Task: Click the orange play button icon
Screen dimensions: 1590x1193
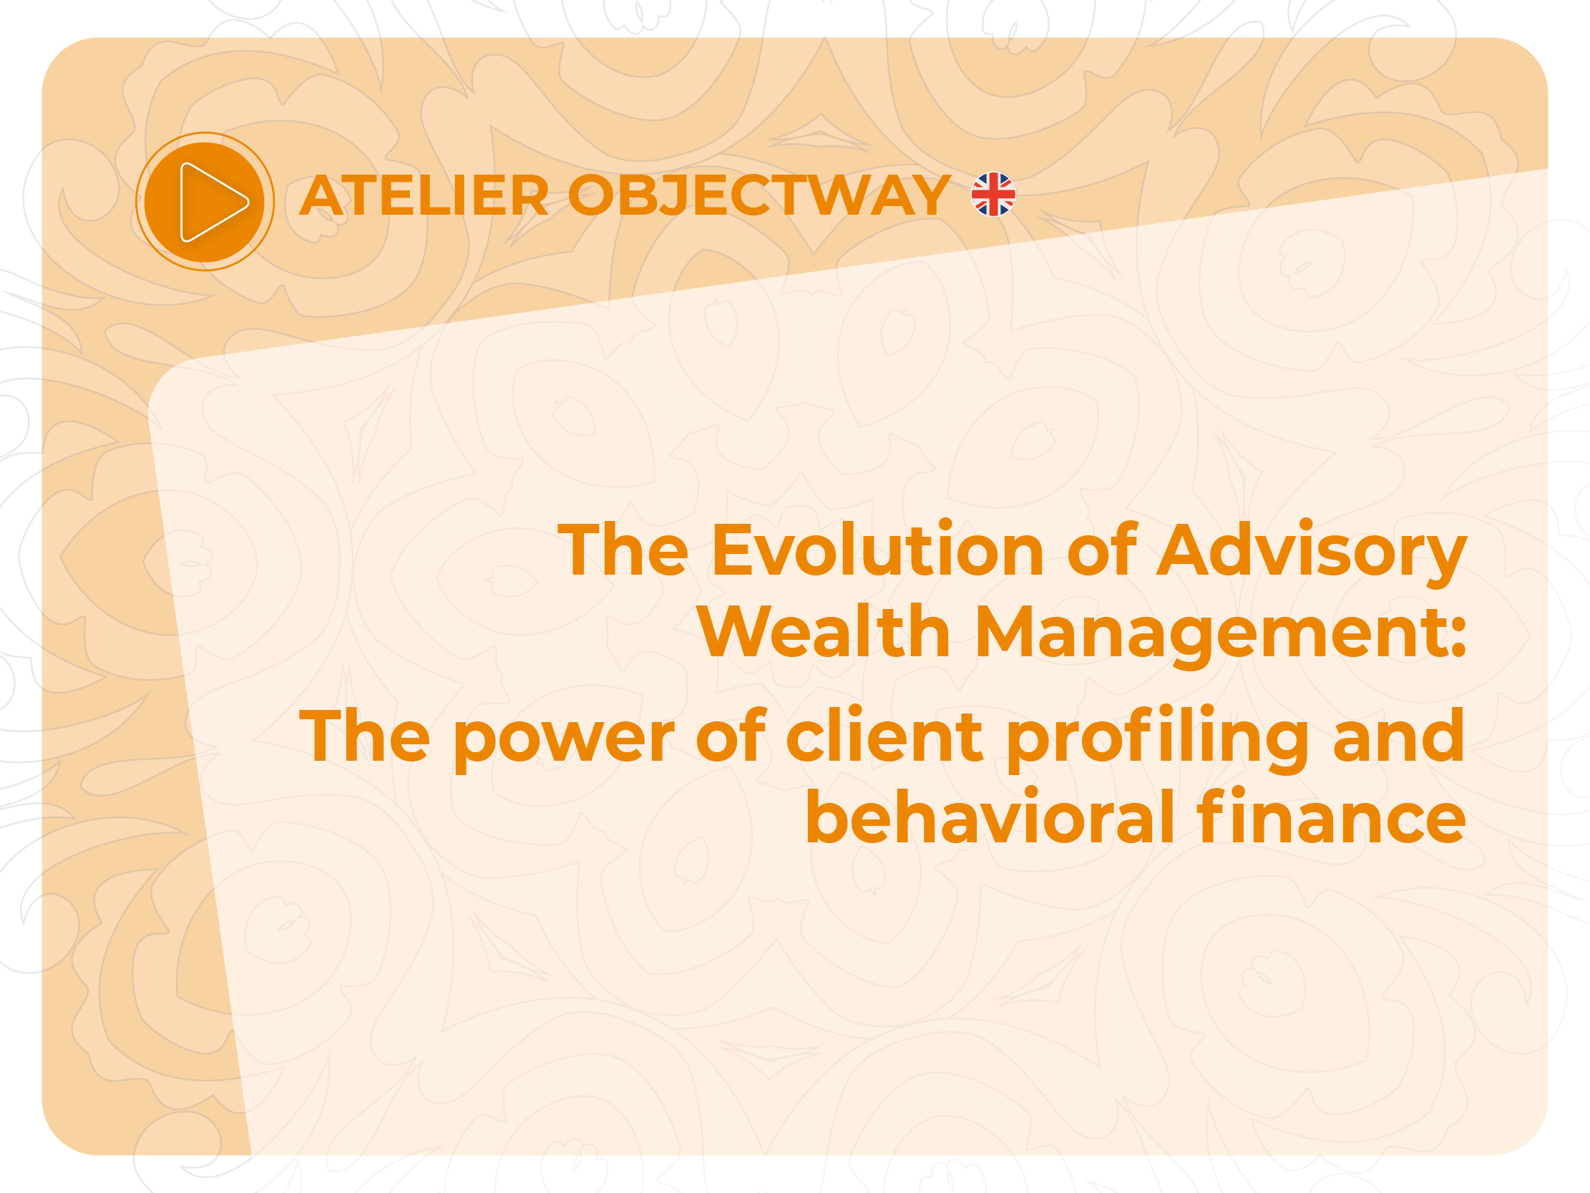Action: pyautogui.click(x=205, y=202)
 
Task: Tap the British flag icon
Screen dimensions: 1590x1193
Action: pyautogui.click(x=992, y=194)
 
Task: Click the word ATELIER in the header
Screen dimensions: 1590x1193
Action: pyautogui.click(x=424, y=195)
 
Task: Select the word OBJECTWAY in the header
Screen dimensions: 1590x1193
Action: pyautogui.click(x=759, y=195)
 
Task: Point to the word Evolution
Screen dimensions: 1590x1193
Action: pyautogui.click(x=878, y=550)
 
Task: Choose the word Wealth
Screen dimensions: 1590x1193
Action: pyautogui.click(x=824, y=630)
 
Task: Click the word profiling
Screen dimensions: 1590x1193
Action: pyautogui.click(x=1157, y=741)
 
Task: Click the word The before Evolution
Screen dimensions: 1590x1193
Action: pyautogui.click(x=623, y=550)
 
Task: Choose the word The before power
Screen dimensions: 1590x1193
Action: pyautogui.click(x=364, y=736)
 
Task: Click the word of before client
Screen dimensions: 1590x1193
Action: pyautogui.click(x=731, y=734)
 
